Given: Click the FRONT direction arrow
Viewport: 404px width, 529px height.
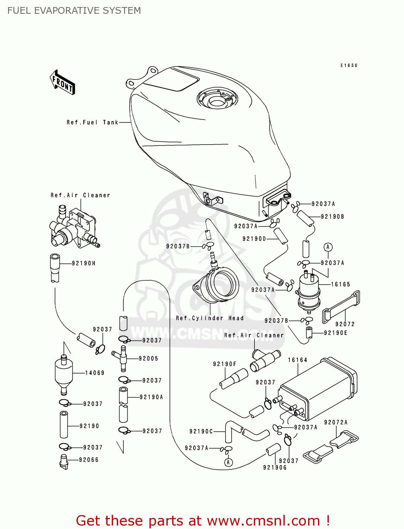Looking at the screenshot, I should tap(63, 82).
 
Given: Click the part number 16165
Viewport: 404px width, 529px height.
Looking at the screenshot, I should tap(340, 284).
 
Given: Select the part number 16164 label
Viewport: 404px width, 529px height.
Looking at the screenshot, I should tap(298, 360).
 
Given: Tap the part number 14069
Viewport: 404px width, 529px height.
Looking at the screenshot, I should tap(95, 373).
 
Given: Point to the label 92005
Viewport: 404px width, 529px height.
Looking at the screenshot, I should tap(148, 359).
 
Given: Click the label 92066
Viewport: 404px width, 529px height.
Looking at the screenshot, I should tap(89, 460).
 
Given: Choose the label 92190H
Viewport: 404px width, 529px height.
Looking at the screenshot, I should tap(84, 263).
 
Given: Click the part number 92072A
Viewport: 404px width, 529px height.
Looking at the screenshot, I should tap(336, 422).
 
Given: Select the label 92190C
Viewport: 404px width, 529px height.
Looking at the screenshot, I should tap(201, 431).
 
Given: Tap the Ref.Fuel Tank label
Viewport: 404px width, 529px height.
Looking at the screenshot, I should tap(92, 122).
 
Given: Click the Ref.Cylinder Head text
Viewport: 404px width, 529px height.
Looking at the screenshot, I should tap(210, 318).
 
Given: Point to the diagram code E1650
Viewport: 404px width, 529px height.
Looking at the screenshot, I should tap(349, 66).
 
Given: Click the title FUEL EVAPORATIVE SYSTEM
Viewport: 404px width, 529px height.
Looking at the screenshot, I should tap(74, 11).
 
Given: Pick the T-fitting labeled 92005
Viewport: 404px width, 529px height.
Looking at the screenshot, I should tap(122, 358).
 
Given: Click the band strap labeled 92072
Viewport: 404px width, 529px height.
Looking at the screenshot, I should tap(341, 307).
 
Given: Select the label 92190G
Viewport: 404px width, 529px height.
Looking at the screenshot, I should tap(275, 468).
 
